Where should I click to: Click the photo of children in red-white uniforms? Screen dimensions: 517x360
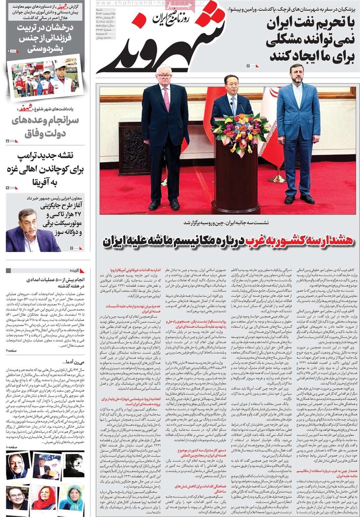(44, 78)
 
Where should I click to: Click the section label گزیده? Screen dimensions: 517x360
(78, 270)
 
